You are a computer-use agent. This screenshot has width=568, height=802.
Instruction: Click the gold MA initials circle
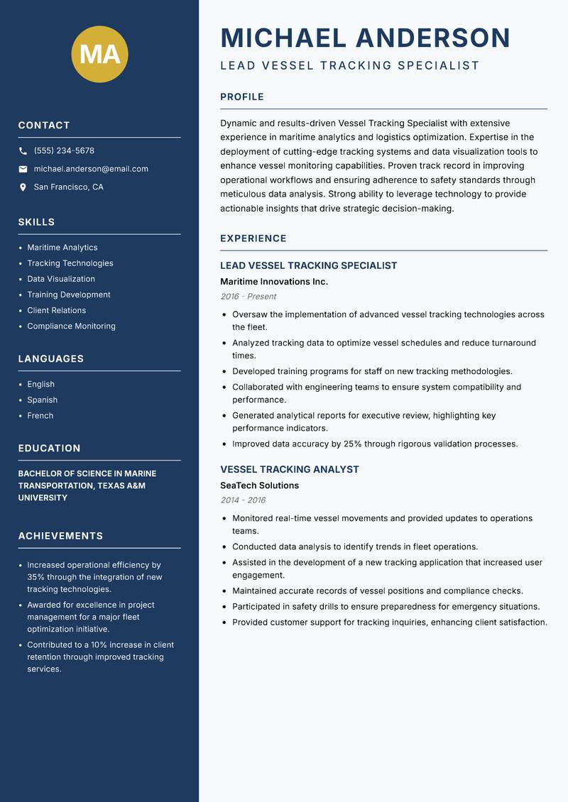[x=100, y=54]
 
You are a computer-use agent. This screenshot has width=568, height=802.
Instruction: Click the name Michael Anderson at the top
[x=365, y=38]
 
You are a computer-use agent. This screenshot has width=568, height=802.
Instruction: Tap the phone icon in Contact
[x=23, y=151]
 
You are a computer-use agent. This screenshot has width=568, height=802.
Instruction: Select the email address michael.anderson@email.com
[x=91, y=169]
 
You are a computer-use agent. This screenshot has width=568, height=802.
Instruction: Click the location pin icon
[x=23, y=187]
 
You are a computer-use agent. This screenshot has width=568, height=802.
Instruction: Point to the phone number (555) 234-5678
[x=64, y=151]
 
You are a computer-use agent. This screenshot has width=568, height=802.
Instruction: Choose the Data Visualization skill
[x=61, y=279]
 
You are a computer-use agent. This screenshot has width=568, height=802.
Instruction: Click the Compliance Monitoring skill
[x=71, y=326]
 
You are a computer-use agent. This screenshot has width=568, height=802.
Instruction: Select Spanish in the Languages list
[x=43, y=400]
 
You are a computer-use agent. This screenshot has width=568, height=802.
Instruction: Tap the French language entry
[x=40, y=416]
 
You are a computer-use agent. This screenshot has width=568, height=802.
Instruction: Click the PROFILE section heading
[x=242, y=97]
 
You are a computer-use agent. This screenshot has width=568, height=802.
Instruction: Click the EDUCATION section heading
[x=49, y=449]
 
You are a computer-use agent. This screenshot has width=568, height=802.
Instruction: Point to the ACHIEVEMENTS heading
[x=60, y=536]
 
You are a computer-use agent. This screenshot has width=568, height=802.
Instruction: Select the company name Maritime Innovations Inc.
[x=274, y=282]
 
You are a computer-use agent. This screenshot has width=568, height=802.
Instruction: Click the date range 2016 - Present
[x=248, y=297]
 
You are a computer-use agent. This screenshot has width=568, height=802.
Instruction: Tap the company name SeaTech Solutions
[x=259, y=485]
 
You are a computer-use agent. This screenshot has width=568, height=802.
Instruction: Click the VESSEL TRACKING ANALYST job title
[x=290, y=470]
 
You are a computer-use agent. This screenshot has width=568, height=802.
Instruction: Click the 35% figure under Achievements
[x=36, y=577]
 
